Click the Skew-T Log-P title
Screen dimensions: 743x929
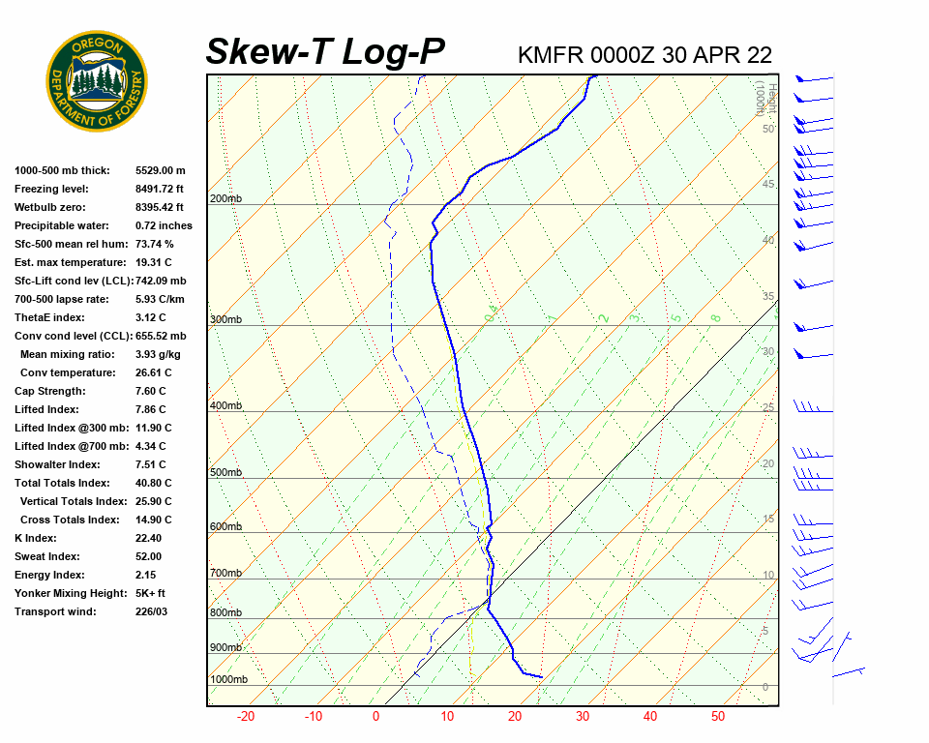coord(325,51)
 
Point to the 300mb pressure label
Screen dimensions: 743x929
coord(225,319)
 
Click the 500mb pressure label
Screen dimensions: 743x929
coord(225,472)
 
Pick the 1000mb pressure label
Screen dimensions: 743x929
coord(228,679)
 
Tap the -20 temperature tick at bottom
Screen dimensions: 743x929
coord(246,717)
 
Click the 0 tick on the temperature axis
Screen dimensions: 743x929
coord(376,717)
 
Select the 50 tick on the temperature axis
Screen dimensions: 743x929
coord(718,717)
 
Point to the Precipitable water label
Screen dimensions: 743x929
coord(62,225)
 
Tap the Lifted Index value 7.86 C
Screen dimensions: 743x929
coord(154,409)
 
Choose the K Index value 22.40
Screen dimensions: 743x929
coord(149,538)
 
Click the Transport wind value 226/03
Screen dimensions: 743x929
coord(151,611)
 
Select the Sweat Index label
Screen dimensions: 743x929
coord(46,556)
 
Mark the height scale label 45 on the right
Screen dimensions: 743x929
coord(768,185)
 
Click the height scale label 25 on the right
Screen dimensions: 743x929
coord(768,408)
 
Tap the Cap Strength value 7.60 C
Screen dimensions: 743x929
coord(154,391)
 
